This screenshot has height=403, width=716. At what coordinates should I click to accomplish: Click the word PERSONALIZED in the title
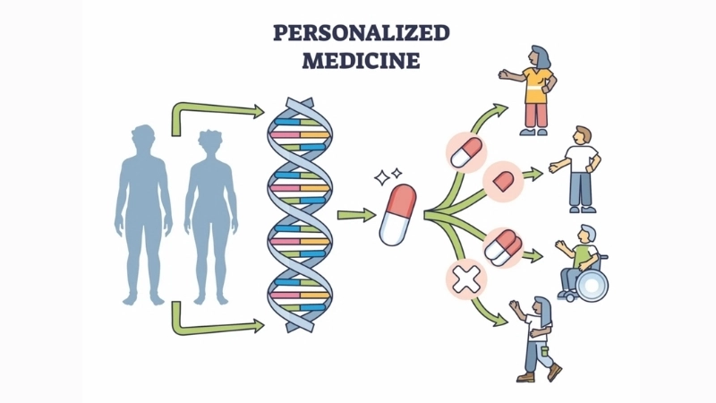tap(362, 33)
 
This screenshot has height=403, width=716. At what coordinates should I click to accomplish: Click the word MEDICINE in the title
tap(361, 60)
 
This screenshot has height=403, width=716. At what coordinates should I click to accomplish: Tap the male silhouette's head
tap(143, 137)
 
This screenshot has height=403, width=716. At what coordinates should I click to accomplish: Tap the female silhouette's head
tap(210, 142)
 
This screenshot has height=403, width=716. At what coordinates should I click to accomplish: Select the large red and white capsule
tap(397, 214)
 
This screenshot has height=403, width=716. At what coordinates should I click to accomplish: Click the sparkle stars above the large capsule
tap(388, 176)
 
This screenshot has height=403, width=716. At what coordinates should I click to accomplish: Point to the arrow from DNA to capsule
tap(356, 215)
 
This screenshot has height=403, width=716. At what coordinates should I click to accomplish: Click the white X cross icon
tap(466, 279)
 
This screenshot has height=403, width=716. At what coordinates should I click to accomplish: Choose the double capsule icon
tap(502, 247)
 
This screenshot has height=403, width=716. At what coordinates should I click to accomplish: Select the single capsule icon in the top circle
tap(465, 152)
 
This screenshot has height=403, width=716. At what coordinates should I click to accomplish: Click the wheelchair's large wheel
tap(592, 285)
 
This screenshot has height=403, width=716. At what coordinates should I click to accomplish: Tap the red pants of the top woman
tap(534, 116)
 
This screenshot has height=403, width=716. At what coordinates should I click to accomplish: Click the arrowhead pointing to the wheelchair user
tap(534, 256)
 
